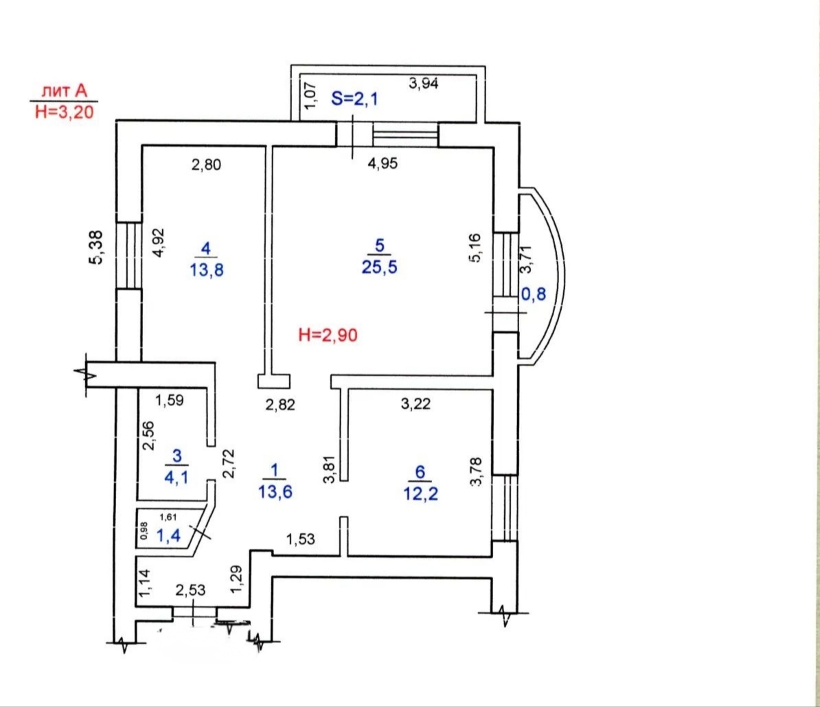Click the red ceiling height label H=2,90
pos(328,335)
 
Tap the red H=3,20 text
pos(65,111)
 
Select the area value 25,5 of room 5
pos(379,267)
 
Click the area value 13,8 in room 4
pos(207,270)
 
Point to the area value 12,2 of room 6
pos(420,493)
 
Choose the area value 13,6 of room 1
pos(275,492)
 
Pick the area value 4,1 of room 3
pos(176,478)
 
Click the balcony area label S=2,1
pos(354,98)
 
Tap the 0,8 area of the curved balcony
pos(534,294)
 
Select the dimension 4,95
pos(383,164)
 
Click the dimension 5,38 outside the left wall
pos(98,247)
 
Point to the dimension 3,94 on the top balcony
pos(424,82)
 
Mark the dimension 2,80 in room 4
pos(206,165)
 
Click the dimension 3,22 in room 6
pos(415,403)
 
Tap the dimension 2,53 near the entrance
pos(190,590)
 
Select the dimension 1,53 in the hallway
pos(301,539)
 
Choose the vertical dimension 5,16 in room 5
pos(475,247)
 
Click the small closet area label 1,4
pos(168,535)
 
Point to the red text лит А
pos(65,91)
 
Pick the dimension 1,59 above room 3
pos(170,401)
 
